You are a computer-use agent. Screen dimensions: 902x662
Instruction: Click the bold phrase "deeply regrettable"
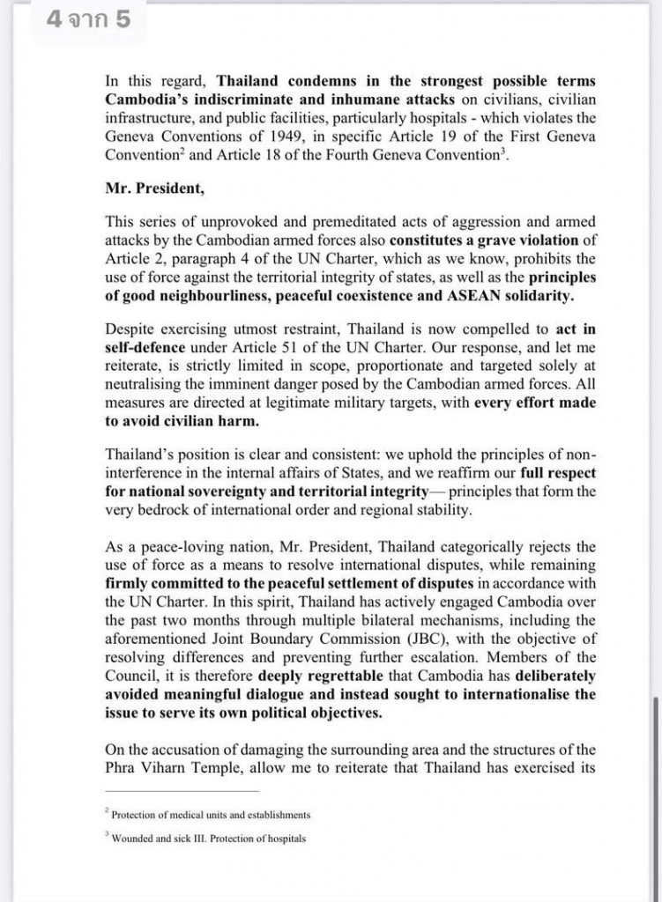[x=407, y=676]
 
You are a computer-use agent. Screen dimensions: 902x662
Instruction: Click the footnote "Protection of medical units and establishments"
[x=211, y=815]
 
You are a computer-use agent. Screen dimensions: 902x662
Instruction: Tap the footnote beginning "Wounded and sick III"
[x=209, y=839]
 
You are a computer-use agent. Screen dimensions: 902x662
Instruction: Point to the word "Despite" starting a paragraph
[x=131, y=328]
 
